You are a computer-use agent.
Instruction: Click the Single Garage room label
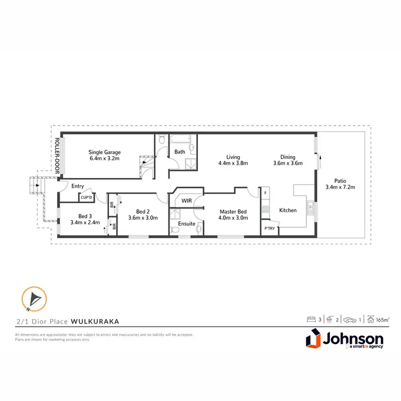pos(104,152)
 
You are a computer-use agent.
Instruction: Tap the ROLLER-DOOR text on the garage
pos(57,155)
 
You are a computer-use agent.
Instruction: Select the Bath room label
pos(180,152)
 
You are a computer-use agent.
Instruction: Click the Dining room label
pos(288,157)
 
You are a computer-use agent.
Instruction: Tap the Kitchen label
pos(288,210)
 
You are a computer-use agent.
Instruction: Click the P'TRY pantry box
pos(269,229)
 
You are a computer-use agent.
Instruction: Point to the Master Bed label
pos(232,212)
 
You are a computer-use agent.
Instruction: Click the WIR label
pos(186,201)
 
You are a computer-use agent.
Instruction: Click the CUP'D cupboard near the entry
pos(86,197)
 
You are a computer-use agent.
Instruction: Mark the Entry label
pos(78,186)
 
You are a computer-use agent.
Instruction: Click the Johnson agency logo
pos(344,341)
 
